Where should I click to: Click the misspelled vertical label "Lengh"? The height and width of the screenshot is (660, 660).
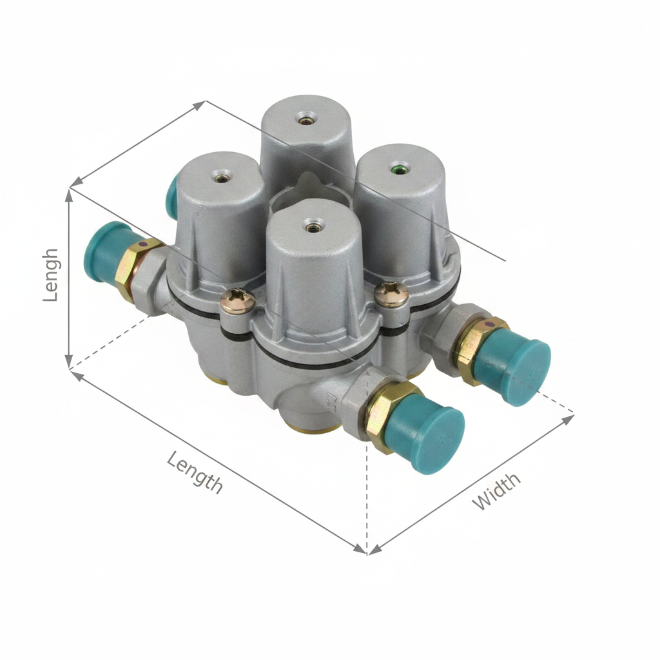tap(51, 275)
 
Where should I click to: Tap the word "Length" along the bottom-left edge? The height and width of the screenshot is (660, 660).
tap(195, 472)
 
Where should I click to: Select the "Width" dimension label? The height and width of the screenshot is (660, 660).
tap(496, 491)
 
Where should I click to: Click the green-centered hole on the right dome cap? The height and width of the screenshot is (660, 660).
tap(398, 170)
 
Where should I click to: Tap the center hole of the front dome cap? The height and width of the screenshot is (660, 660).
tap(311, 228)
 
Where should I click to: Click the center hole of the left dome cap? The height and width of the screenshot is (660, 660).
tap(222, 178)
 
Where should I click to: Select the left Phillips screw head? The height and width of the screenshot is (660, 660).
tap(238, 300)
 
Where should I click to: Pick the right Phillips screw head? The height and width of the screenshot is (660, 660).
tap(391, 294)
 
